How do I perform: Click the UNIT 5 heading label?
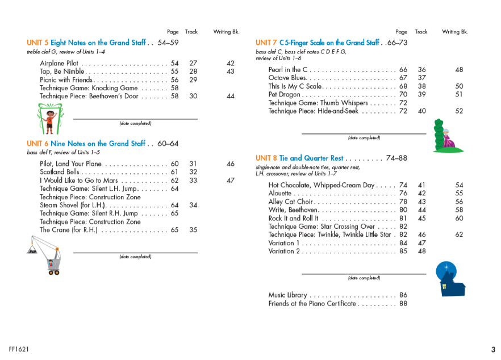(37, 43)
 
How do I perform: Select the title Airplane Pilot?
(59, 63)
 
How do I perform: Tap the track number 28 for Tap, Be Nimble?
(193, 72)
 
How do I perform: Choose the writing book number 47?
(230, 181)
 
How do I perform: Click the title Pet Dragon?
(284, 94)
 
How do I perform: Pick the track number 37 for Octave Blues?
(421, 78)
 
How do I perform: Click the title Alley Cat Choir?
(290, 202)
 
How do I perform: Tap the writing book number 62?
(459, 235)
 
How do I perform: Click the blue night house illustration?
(449, 278)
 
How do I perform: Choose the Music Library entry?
(287, 295)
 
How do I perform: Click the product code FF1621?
(19, 349)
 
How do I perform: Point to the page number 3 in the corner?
(493, 350)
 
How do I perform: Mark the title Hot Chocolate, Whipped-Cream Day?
(322, 185)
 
